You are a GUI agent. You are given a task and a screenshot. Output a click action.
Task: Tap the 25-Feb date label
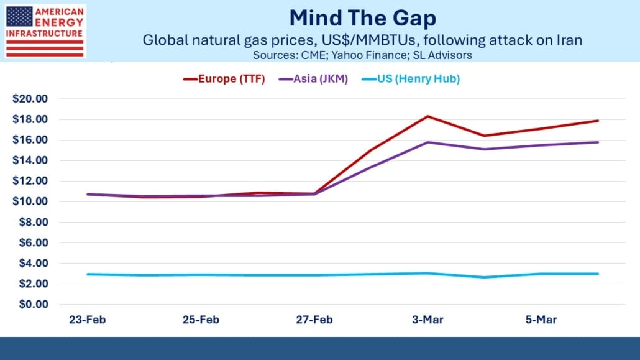pos(201,320)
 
